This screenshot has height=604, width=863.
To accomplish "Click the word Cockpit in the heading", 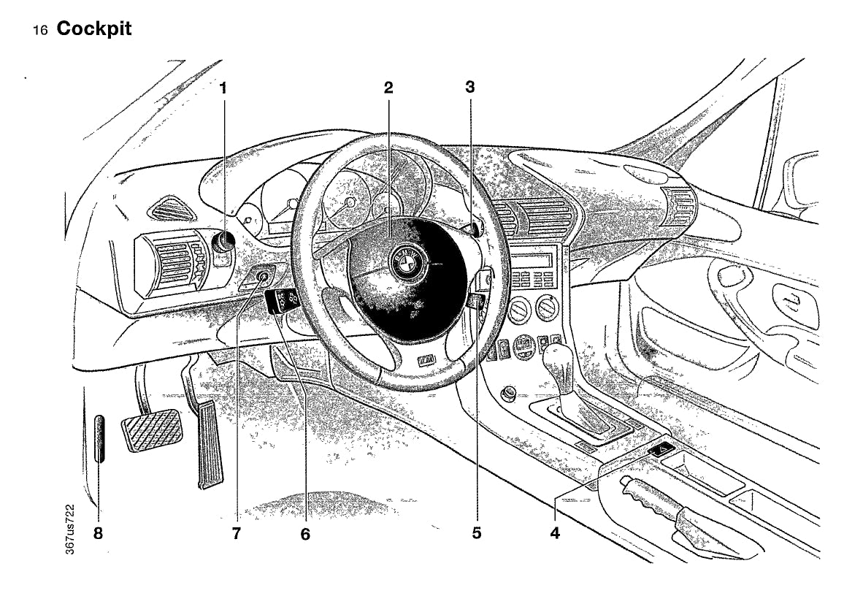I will tap(94, 29).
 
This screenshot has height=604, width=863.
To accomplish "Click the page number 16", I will tap(41, 31).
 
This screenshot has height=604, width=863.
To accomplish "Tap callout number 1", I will tap(223, 88).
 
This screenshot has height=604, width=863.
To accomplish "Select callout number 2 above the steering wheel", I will tap(388, 88).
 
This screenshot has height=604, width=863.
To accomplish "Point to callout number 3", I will tap(469, 88).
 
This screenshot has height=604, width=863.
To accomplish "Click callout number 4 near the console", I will tap(555, 533).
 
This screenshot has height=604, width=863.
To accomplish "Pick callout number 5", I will tap(476, 533).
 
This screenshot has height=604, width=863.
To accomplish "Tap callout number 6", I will tap(304, 535).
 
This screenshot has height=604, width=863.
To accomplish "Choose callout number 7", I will tap(236, 534).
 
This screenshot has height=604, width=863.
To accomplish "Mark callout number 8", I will tap(98, 533).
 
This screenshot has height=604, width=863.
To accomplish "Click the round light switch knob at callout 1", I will tap(223, 241).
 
